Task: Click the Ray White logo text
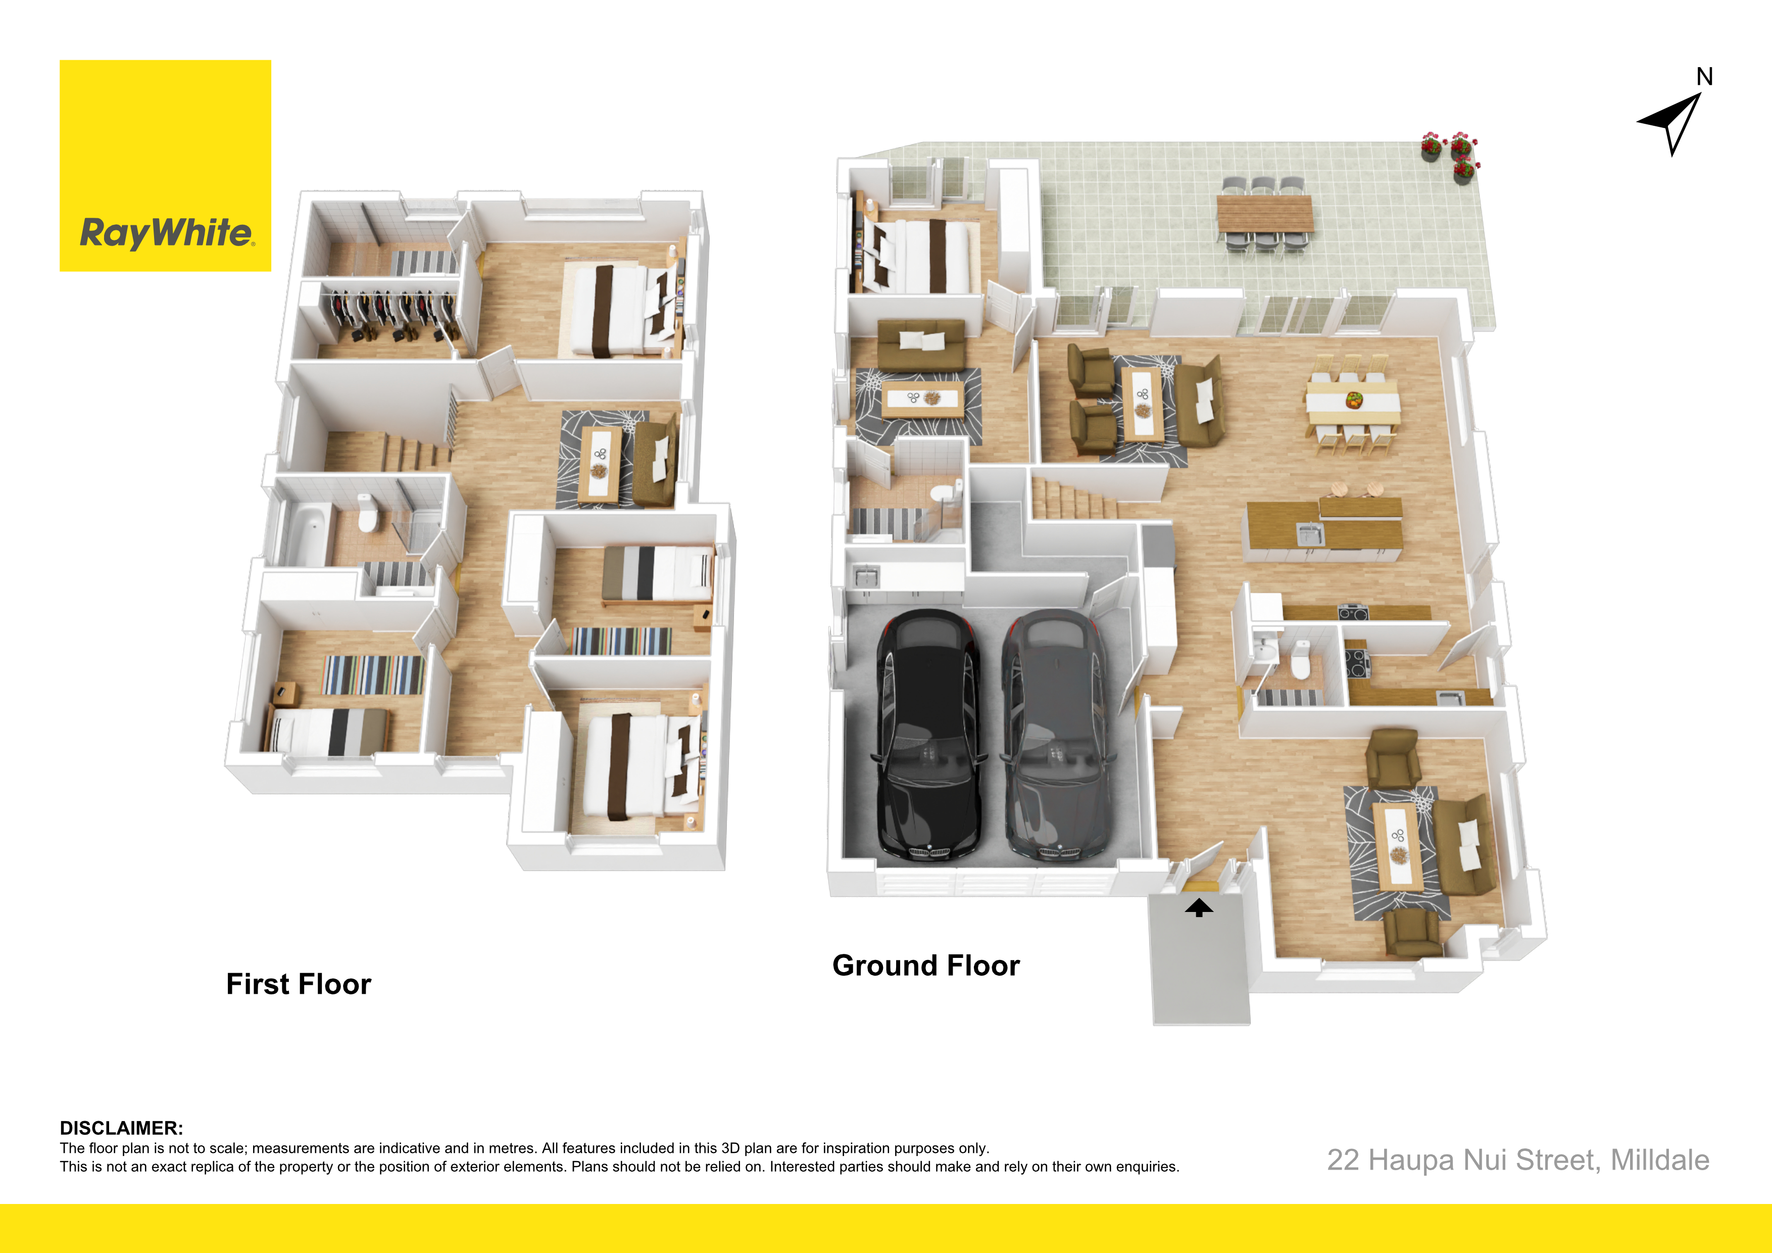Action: pos(167,232)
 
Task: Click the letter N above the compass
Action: pos(1705,76)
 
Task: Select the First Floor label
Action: pos(299,984)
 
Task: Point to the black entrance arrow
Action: pos(1199,908)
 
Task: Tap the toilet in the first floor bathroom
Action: pos(367,513)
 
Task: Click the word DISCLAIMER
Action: pos(121,1128)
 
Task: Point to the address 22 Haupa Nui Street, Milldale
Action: pos(1518,1161)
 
